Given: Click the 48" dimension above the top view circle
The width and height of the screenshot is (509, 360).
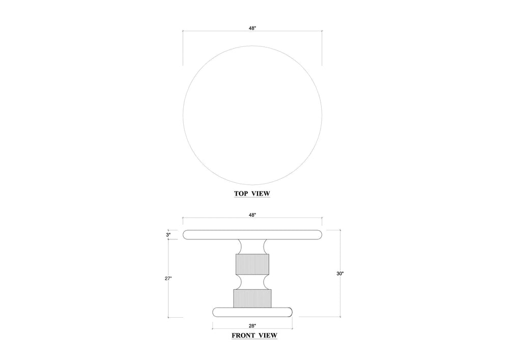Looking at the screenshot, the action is [x=252, y=28].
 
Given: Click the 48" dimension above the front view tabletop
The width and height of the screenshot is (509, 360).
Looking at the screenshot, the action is [x=252, y=215].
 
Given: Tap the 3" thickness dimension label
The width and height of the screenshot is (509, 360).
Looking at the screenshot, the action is [x=168, y=234].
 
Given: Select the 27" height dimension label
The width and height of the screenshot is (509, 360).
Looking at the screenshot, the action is [x=168, y=278].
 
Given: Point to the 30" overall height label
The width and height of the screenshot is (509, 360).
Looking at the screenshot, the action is [x=340, y=273].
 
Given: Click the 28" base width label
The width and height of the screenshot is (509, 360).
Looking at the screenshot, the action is [x=252, y=325].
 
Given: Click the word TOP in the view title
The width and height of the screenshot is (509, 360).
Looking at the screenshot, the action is [x=241, y=193].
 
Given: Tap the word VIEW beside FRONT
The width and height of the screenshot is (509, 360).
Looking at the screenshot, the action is [x=268, y=336].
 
